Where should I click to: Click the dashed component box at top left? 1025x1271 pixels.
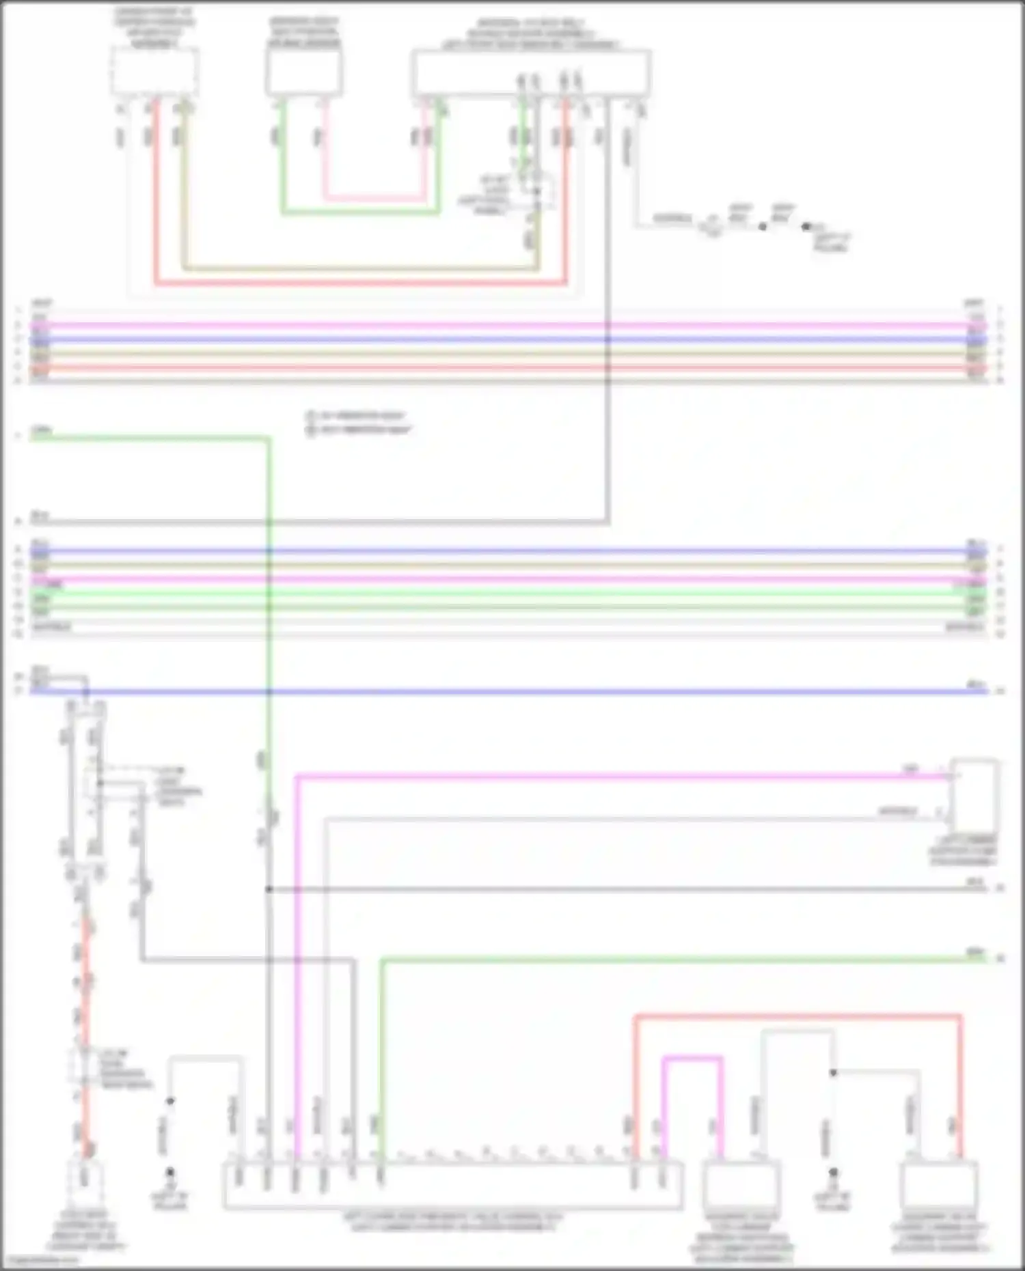(155, 71)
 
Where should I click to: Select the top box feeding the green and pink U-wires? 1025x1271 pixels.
(303, 72)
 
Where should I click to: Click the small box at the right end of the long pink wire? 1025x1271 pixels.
(974, 795)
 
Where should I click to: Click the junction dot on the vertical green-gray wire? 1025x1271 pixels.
(269, 889)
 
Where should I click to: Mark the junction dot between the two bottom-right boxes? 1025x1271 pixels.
(833, 1073)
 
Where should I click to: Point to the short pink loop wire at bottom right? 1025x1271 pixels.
(692, 1059)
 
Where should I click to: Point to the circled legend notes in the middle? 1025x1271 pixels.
(358, 423)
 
